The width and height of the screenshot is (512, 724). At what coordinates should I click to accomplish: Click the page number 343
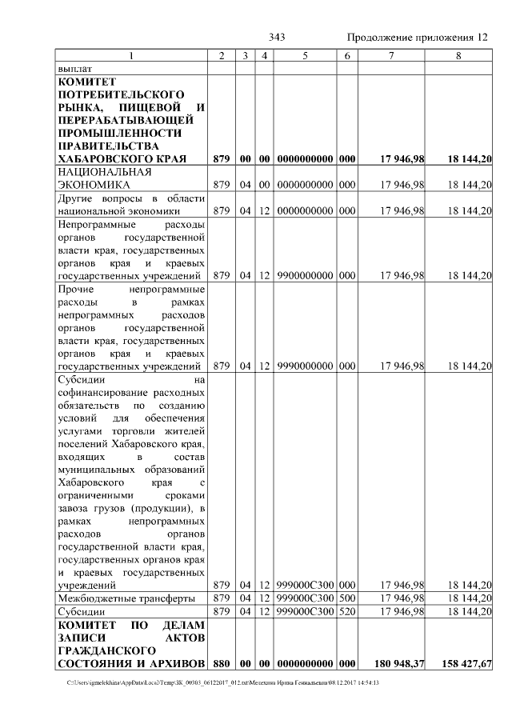(278, 38)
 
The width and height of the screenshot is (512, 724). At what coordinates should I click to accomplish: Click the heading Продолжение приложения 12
(417, 38)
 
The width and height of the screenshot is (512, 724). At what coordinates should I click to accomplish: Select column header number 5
(305, 55)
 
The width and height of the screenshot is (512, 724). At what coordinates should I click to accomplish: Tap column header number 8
(458, 55)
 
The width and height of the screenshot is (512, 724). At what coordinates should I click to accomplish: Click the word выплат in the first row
(76, 68)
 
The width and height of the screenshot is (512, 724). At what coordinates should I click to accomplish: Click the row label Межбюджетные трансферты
(126, 598)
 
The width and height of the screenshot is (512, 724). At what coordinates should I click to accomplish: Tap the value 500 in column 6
(346, 598)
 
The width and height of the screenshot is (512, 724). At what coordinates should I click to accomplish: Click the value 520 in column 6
(346, 612)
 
